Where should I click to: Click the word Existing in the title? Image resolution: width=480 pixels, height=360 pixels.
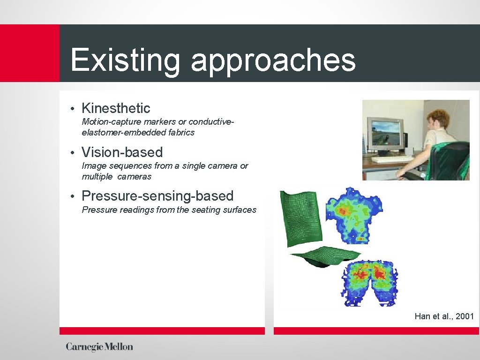click(x=125, y=60)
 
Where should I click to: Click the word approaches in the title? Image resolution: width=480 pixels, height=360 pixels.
click(x=273, y=61)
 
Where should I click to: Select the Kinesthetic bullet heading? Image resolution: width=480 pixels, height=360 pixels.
click(x=116, y=108)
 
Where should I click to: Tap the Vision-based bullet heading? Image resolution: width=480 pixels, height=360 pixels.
click(x=122, y=152)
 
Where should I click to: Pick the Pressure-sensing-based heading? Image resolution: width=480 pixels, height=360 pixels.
click(x=157, y=196)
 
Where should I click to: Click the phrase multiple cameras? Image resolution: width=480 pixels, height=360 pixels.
click(x=116, y=177)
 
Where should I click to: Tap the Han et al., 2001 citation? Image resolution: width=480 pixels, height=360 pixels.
click(x=444, y=316)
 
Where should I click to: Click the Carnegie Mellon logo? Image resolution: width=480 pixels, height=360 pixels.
click(x=99, y=347)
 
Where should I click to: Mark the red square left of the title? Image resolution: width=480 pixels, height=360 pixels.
click(x=30, y=53)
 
